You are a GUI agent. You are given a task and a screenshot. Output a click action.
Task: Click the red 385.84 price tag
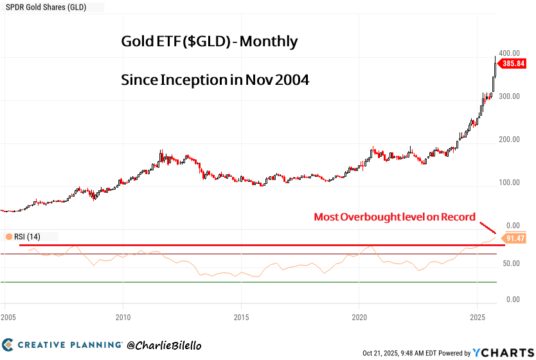pyautogui.click(x=515, y=64)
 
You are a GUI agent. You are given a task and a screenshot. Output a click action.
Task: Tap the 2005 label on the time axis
pyautogui.click(x=8, y=318)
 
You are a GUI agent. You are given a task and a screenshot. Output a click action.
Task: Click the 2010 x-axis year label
pyautogui.click(x=123, y=318)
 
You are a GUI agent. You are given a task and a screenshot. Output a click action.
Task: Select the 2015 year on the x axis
pyautogui.click(x=242, y=318)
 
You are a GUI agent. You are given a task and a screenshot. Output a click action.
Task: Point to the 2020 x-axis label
pyautogui.click(x=360, y=318)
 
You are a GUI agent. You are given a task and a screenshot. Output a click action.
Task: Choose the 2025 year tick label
pyautogui.click(x=478, y=318)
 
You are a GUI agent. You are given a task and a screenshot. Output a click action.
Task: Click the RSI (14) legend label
pyautogui.click(x=28, y=237)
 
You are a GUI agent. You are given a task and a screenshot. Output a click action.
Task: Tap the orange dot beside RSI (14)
pyautogui.click(x=8, y=237)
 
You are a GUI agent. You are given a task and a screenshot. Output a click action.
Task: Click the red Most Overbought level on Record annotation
pyautogui.click(x=395, y=217)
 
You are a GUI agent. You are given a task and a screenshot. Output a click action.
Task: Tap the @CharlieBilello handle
pyautogui.click(x=167, y=345)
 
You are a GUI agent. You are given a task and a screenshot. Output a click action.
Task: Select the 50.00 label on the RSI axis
pyautogui.click(x=512, y=264)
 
